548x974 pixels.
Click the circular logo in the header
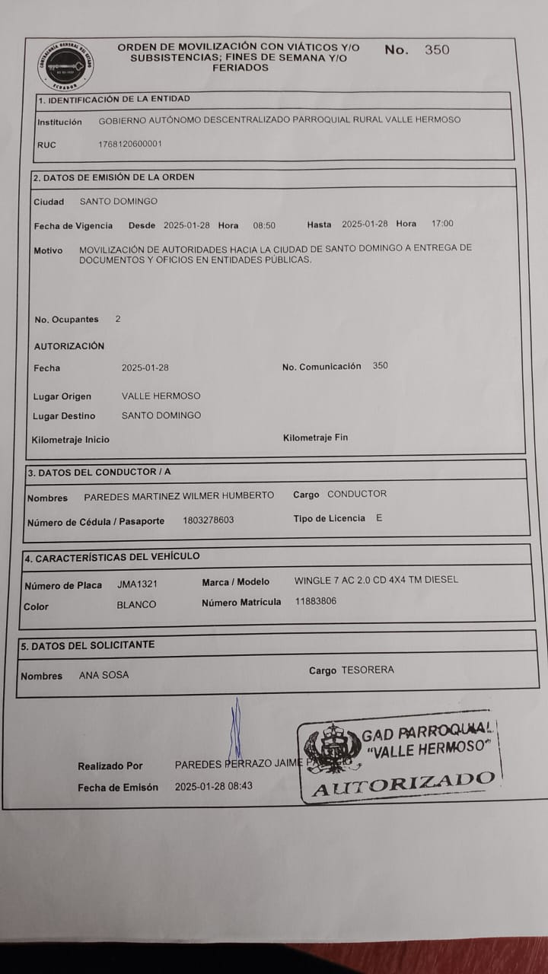(x=66, y=66)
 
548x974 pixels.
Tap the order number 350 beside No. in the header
(x=437, y=50)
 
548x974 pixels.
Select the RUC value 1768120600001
(x=130, y=144)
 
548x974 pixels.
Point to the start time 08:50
(x=264, y=225)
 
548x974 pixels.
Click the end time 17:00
(x=442, y=224)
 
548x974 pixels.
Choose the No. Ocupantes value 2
(x=117, y=319)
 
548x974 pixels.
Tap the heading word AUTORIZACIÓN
(x=69, y=346)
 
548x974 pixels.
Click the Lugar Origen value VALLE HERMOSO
(x=161, y=396)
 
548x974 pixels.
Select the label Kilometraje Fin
(x=315, y=438)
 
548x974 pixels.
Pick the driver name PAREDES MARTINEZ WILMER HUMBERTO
(x=179, y=496)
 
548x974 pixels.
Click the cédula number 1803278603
(x=209, y=520)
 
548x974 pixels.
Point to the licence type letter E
(x=379, y=518)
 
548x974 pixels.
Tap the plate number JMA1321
(x=138, y=584)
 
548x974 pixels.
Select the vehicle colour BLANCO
(x=136, y=605)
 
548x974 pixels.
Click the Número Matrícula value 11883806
(x=316, y=601)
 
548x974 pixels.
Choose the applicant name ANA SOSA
(x=104, y=675)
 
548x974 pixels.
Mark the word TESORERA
(x=368, y=670)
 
